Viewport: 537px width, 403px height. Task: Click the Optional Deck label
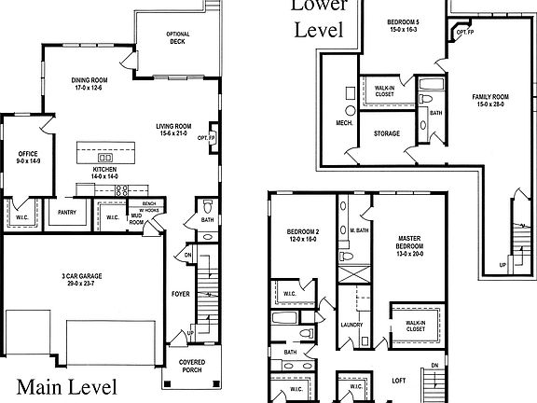pos(177,37)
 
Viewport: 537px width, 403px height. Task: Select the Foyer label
pos(180,292)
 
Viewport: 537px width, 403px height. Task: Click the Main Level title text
pos(67,385)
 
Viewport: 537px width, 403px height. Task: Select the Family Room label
pos(490,99)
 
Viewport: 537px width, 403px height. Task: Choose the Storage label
pos(387,133)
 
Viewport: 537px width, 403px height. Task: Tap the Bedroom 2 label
pos(292,234)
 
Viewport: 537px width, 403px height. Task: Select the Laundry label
pos(351,325)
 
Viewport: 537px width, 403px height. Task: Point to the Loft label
pos(398,381)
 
